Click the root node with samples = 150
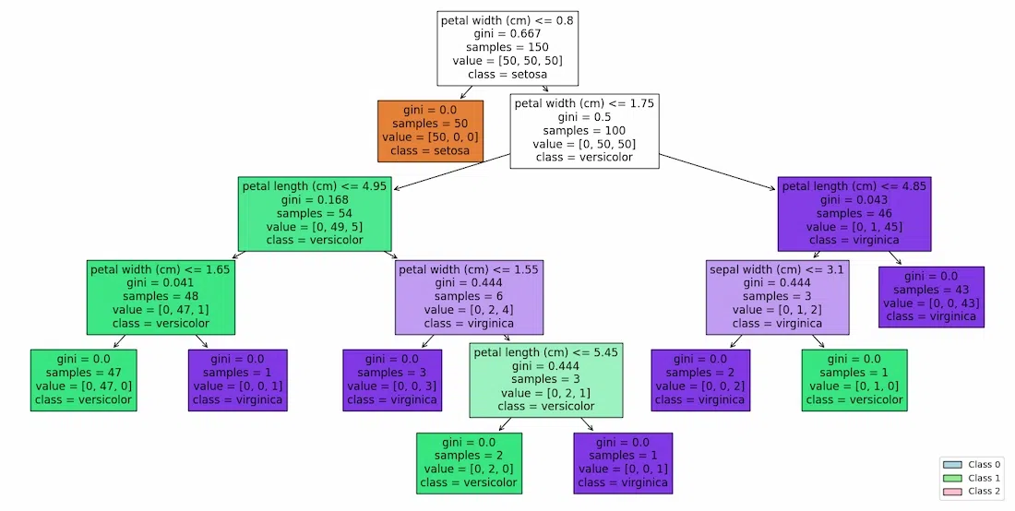click(507, 47)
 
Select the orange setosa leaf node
click(430, 131)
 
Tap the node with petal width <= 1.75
click(584, 130)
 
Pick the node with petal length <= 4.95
click(315, 213)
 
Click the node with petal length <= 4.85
click(854, 213)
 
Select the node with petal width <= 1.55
click(469, 296)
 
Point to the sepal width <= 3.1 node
click(776, 296)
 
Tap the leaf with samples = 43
click(930, 296)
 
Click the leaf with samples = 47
click(82, 380)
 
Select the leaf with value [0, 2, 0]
click(469, 463)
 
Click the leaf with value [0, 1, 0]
click(854, 380)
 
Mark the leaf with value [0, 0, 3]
click(392, 380)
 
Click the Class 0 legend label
click(984, 465)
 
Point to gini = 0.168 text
click(315, 199)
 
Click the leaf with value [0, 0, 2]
click(699, 380)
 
